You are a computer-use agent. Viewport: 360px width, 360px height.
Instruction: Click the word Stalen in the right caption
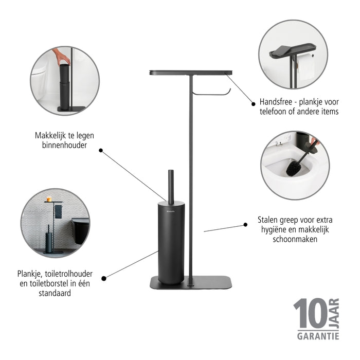[x=267, y=220]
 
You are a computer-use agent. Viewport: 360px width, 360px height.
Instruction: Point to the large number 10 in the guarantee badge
[x=310, y=315]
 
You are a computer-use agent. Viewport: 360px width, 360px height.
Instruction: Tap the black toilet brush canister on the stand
[x=171, y=242]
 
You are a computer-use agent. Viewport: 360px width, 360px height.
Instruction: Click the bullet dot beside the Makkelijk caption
[x=101, y=151]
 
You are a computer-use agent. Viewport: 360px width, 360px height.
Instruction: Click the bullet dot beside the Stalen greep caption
[x=244, y=224]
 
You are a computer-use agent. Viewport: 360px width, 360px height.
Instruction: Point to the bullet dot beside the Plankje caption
[x=104, y=278]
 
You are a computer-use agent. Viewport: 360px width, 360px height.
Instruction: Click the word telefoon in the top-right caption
[x=277, y=112]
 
